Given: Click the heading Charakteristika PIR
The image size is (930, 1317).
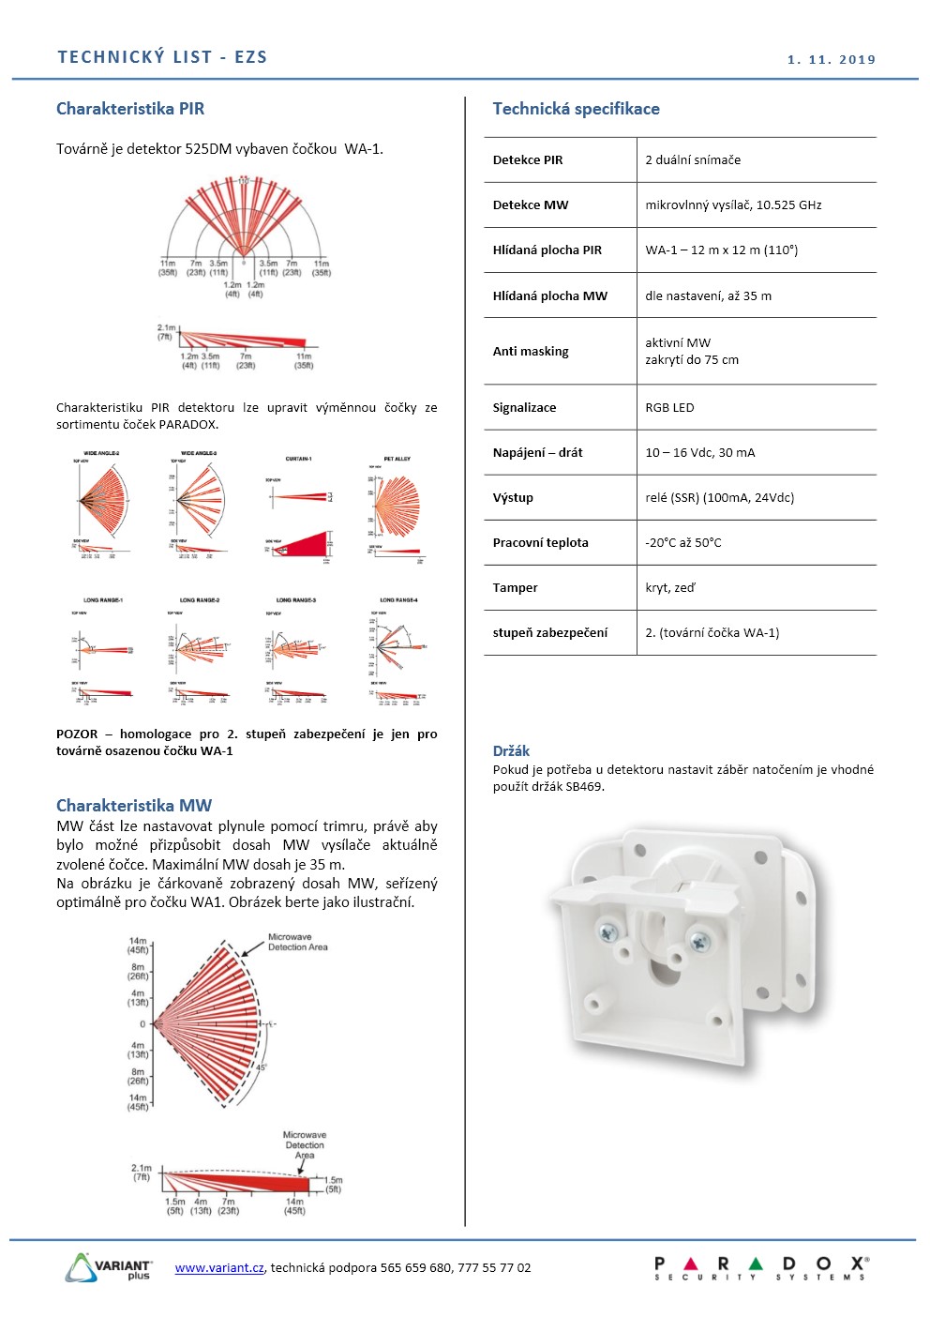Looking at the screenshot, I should (130, 109).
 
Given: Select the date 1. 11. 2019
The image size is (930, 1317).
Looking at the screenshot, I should (832, 60).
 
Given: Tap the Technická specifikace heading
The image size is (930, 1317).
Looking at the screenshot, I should (576, 109).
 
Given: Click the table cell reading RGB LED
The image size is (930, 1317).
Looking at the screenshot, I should (669, 407).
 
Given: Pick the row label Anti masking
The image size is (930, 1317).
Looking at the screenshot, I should (531, 351).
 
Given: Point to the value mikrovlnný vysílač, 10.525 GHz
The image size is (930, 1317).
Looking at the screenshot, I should (733, 204).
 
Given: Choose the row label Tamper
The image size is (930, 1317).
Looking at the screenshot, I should (516, 587).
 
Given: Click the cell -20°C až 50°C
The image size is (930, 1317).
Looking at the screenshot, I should (683, 542).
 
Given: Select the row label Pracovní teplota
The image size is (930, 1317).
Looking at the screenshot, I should (541, 542).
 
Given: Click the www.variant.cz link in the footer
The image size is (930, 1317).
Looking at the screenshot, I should (219, 1267).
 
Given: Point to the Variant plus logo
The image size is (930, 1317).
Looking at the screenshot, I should (110, 1268).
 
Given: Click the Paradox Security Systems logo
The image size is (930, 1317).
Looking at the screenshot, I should (761, 1268).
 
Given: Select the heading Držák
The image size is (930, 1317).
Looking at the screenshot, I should (511, 750).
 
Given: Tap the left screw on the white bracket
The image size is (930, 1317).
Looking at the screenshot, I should (607, 932).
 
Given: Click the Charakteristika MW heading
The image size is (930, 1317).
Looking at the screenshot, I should (134, 805).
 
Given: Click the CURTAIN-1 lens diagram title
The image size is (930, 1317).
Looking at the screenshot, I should (298, 459).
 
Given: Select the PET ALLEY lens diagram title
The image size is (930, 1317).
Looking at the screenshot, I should (397, 459).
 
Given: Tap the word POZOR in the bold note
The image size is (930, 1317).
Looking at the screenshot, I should (77, 734).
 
